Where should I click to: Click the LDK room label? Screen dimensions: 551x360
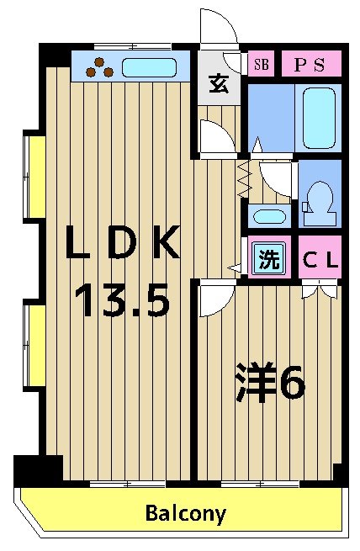click(x=124, y=246)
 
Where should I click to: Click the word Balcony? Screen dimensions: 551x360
click(x=186, y=513)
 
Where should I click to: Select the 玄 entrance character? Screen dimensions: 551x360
click(x=218, y=84)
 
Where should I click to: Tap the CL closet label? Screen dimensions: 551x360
click(x=320, y=260)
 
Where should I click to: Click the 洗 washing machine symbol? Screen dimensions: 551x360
click(x=267, y=260)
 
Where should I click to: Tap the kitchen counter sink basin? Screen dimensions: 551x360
click(x=151, y=67)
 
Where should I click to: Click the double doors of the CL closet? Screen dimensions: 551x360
click(x=320, y=291)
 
